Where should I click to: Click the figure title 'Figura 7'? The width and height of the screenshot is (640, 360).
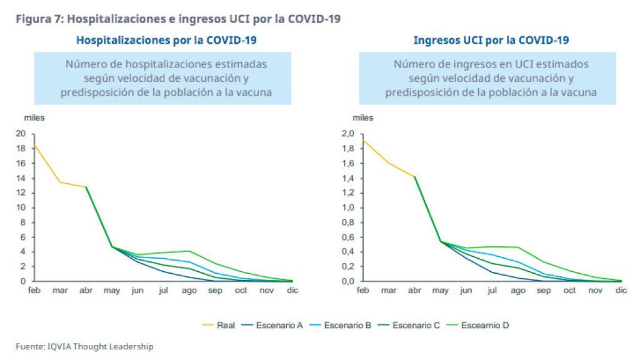tap(39, 19)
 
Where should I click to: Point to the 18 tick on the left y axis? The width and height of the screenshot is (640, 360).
tap(21, 148)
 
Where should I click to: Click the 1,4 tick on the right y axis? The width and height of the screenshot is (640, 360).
tap(347, 178)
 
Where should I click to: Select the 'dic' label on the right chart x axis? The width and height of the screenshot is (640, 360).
tap(621, 291)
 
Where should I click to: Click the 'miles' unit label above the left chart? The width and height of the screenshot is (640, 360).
tap(34, 117)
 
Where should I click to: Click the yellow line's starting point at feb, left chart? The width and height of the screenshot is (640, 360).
tap(34, 145)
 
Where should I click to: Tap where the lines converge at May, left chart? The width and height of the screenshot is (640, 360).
tap(112, 246)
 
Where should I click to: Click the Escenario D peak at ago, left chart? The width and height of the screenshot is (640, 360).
tap(189, 251)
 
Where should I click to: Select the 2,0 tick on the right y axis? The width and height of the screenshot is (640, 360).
tap(347, 134)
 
